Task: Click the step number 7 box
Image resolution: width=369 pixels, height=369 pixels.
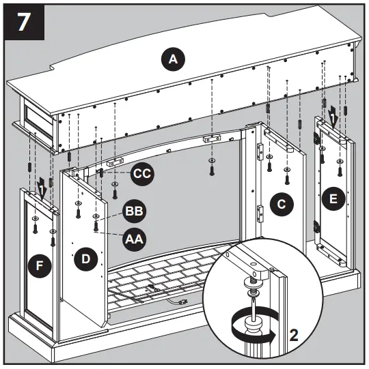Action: [24, 23]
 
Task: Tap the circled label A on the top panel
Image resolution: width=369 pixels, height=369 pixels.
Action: [174, 60]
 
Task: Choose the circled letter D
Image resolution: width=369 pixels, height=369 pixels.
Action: [85, 259]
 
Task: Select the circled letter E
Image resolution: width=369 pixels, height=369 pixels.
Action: [333, 199]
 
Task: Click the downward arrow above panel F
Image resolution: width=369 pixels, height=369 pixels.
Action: [42, 189]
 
